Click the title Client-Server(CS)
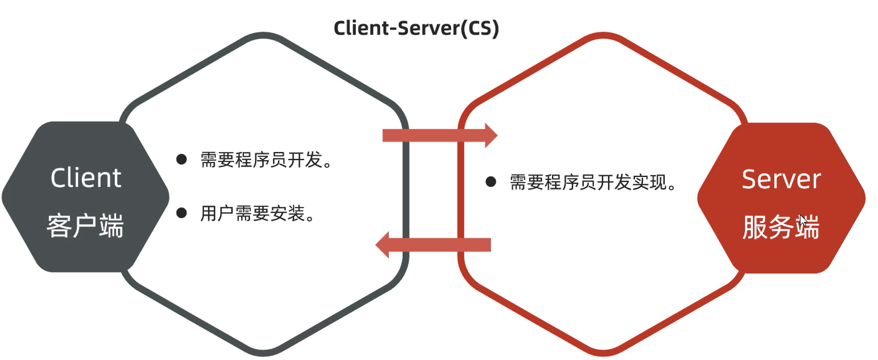point(416,28)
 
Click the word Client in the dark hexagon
point(86,178)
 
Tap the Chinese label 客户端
point(85,226)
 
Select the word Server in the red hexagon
point(781,179)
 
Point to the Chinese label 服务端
point(780,227)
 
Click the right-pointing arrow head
point(491,135)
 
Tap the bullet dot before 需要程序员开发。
point(181,159)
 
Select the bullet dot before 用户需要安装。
point(181,213)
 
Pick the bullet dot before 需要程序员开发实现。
point(491,182)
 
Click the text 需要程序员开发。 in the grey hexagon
point(266,160)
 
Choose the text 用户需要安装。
point(258,214)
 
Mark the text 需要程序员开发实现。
point(592,182)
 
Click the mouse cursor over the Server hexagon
point(803,221)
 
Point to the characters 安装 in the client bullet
point(287,214)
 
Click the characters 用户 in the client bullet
point(217,214)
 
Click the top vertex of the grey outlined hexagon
point(264,35)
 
